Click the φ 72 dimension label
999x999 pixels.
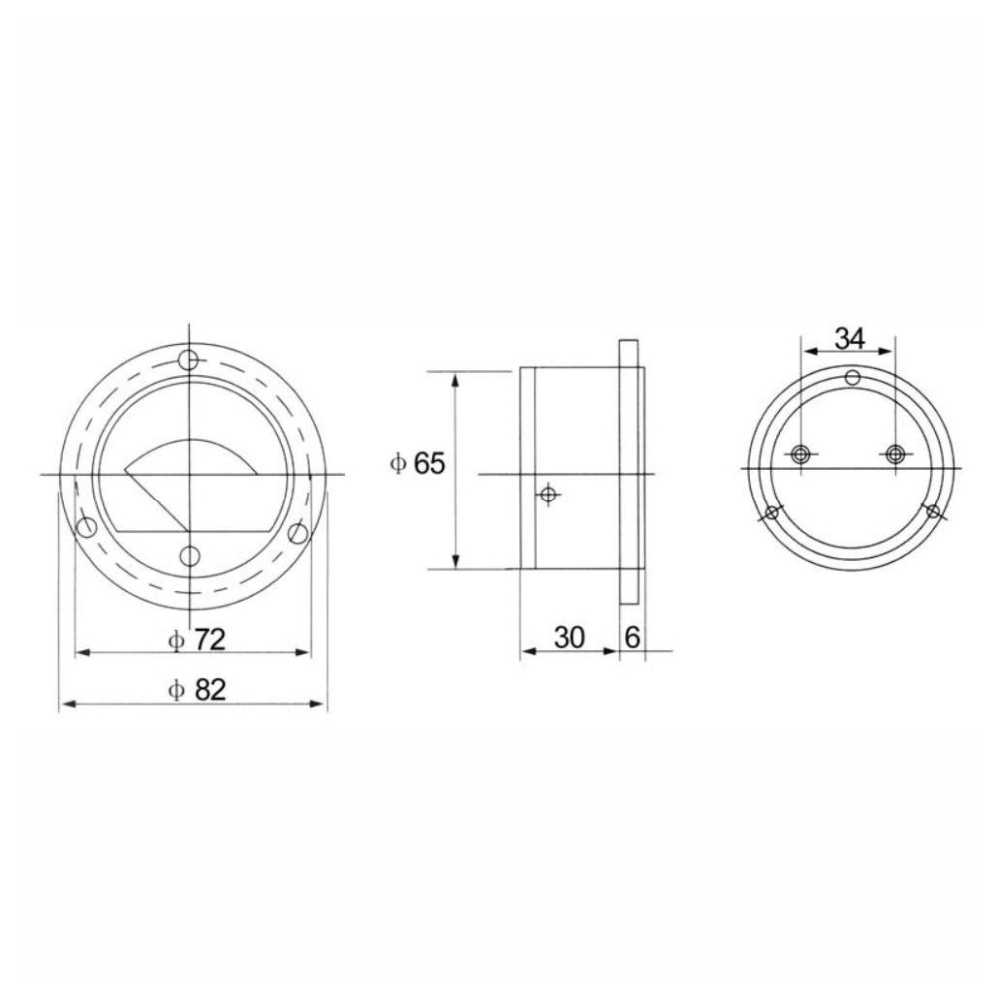tap(196, 639)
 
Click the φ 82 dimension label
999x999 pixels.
tap(196, 690)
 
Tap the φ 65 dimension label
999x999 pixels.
tap(417, 463)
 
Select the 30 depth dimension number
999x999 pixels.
tap(569, 637)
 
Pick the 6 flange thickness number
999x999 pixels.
tap(632, 637)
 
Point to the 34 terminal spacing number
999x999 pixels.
tap(850, 339)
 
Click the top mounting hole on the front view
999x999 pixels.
tap(189, 361)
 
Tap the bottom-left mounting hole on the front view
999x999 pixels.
tap(86, 527)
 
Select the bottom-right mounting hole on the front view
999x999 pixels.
tap(297, 532)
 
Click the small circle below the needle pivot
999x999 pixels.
tap(190, 557)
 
